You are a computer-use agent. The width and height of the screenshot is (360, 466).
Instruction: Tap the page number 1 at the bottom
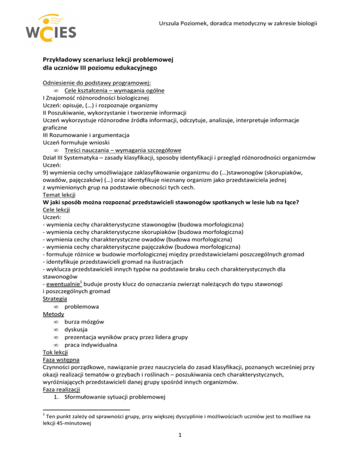point(180,449)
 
